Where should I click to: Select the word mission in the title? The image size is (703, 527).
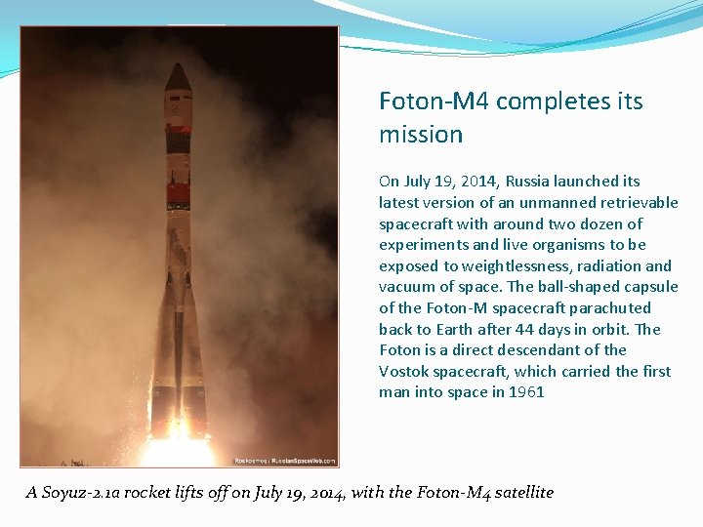coord(421,135)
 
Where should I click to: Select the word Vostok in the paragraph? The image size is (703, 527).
coord(402,372)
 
